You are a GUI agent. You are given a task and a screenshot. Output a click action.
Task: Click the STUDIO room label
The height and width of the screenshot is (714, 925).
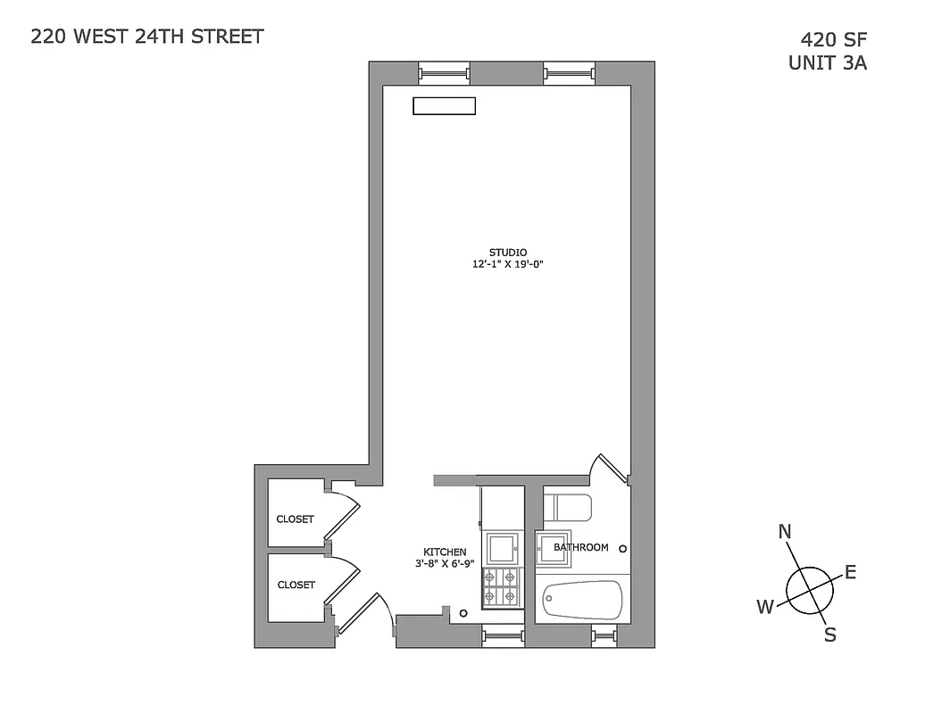[508, 252]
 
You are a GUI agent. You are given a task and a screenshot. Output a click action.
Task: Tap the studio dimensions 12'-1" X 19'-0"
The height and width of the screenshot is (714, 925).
[508, 264]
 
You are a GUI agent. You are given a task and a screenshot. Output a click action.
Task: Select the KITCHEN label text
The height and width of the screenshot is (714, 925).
[444, 552]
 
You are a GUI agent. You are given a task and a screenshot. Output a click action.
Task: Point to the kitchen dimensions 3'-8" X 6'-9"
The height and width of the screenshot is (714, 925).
[444, 564]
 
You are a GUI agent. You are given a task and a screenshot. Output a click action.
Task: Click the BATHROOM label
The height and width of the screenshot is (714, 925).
[581, 547]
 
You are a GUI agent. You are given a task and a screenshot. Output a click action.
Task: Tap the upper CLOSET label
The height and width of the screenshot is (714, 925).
[295, 519]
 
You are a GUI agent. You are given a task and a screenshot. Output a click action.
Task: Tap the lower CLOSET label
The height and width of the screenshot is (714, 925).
[296, 585]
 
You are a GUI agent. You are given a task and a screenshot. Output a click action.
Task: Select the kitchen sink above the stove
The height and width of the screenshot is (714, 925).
[502, 546]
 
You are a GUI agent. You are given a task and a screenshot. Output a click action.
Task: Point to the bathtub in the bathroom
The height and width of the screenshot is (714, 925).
[582, 601]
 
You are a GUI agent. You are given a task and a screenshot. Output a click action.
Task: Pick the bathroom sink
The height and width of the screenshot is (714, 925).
[553, 548]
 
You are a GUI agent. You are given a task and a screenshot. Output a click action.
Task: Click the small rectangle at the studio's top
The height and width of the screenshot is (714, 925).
[444, 106]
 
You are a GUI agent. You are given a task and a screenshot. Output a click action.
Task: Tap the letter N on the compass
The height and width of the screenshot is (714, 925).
[785, 533]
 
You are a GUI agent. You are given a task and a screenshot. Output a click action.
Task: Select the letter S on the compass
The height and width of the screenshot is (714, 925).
[829, 635]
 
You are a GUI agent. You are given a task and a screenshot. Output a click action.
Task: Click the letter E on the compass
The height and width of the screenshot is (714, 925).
[850, 572]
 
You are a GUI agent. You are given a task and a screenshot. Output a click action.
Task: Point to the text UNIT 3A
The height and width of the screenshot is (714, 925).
[827, 63]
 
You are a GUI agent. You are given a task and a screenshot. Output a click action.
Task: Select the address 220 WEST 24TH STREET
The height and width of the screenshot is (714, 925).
[147, 37]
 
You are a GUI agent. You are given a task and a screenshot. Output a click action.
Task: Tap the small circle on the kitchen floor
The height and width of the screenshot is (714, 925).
[463, 613]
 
